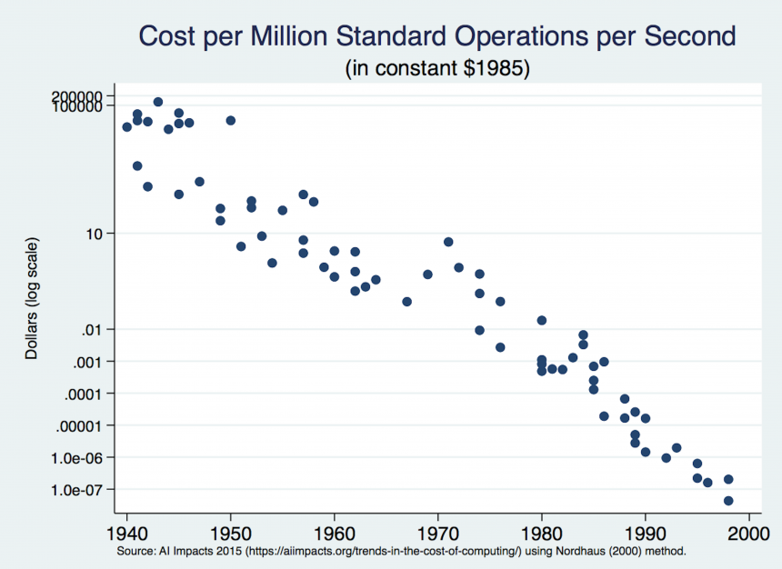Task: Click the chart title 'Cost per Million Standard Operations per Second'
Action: tap(436, 36)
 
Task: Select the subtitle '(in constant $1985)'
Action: tap(436, 68)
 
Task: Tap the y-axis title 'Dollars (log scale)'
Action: tap(32, 299)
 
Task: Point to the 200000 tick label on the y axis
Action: tap(89, 96)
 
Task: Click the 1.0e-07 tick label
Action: tap(89, 490)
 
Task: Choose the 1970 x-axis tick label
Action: tap(438, 532)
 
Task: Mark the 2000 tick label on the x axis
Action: tap(748, 532)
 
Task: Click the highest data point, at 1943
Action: tap(158, 102)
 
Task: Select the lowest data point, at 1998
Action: tap(728, 501)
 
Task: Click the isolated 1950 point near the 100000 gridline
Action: tap(231, 120)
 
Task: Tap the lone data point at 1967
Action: tap(407, 302)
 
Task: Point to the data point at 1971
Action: tap(448, 242)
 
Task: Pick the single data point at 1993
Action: tap(677, 447)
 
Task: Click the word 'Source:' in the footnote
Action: tap(135, 552)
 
